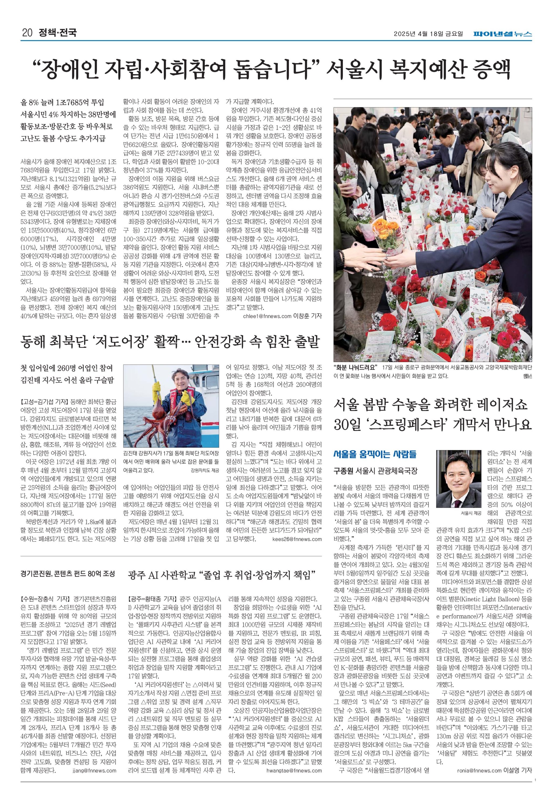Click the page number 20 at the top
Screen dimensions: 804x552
point(27,33)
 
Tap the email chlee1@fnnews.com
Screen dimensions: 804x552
point(267,316)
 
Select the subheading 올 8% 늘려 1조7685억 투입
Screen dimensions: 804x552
point(62,102)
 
